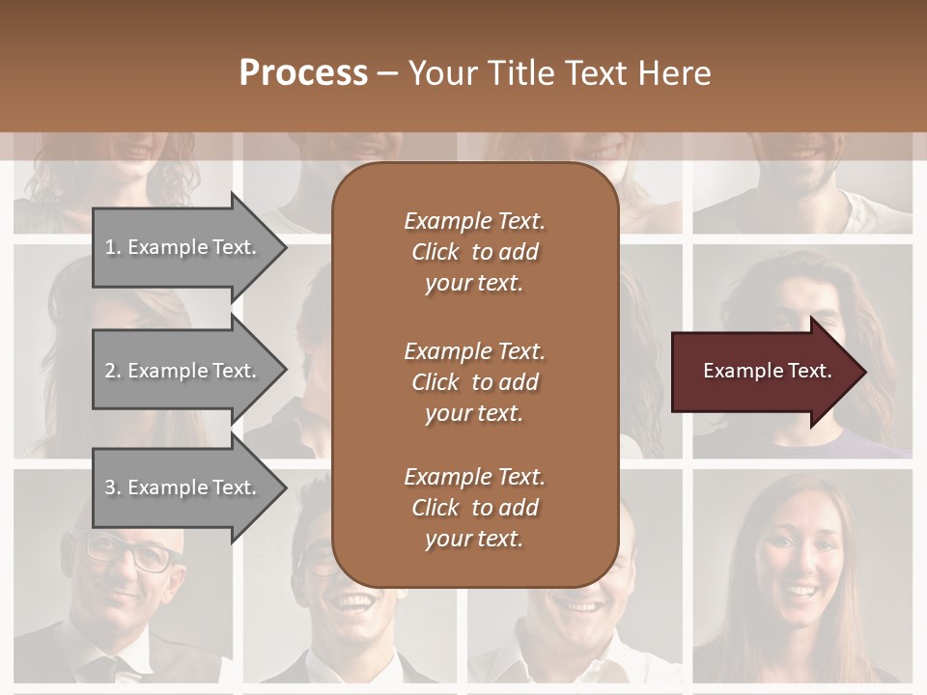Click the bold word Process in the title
click(303, 72)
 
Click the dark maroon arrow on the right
click(763, 371)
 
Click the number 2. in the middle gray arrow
click(113, 371)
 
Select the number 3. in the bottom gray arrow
click(113, 487)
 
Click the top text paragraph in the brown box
click(474, 252)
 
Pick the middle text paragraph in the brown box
click(474, 381)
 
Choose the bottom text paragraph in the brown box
click(474, 508)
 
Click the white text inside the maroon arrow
click(767, 371)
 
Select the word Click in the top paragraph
click(435, 252)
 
